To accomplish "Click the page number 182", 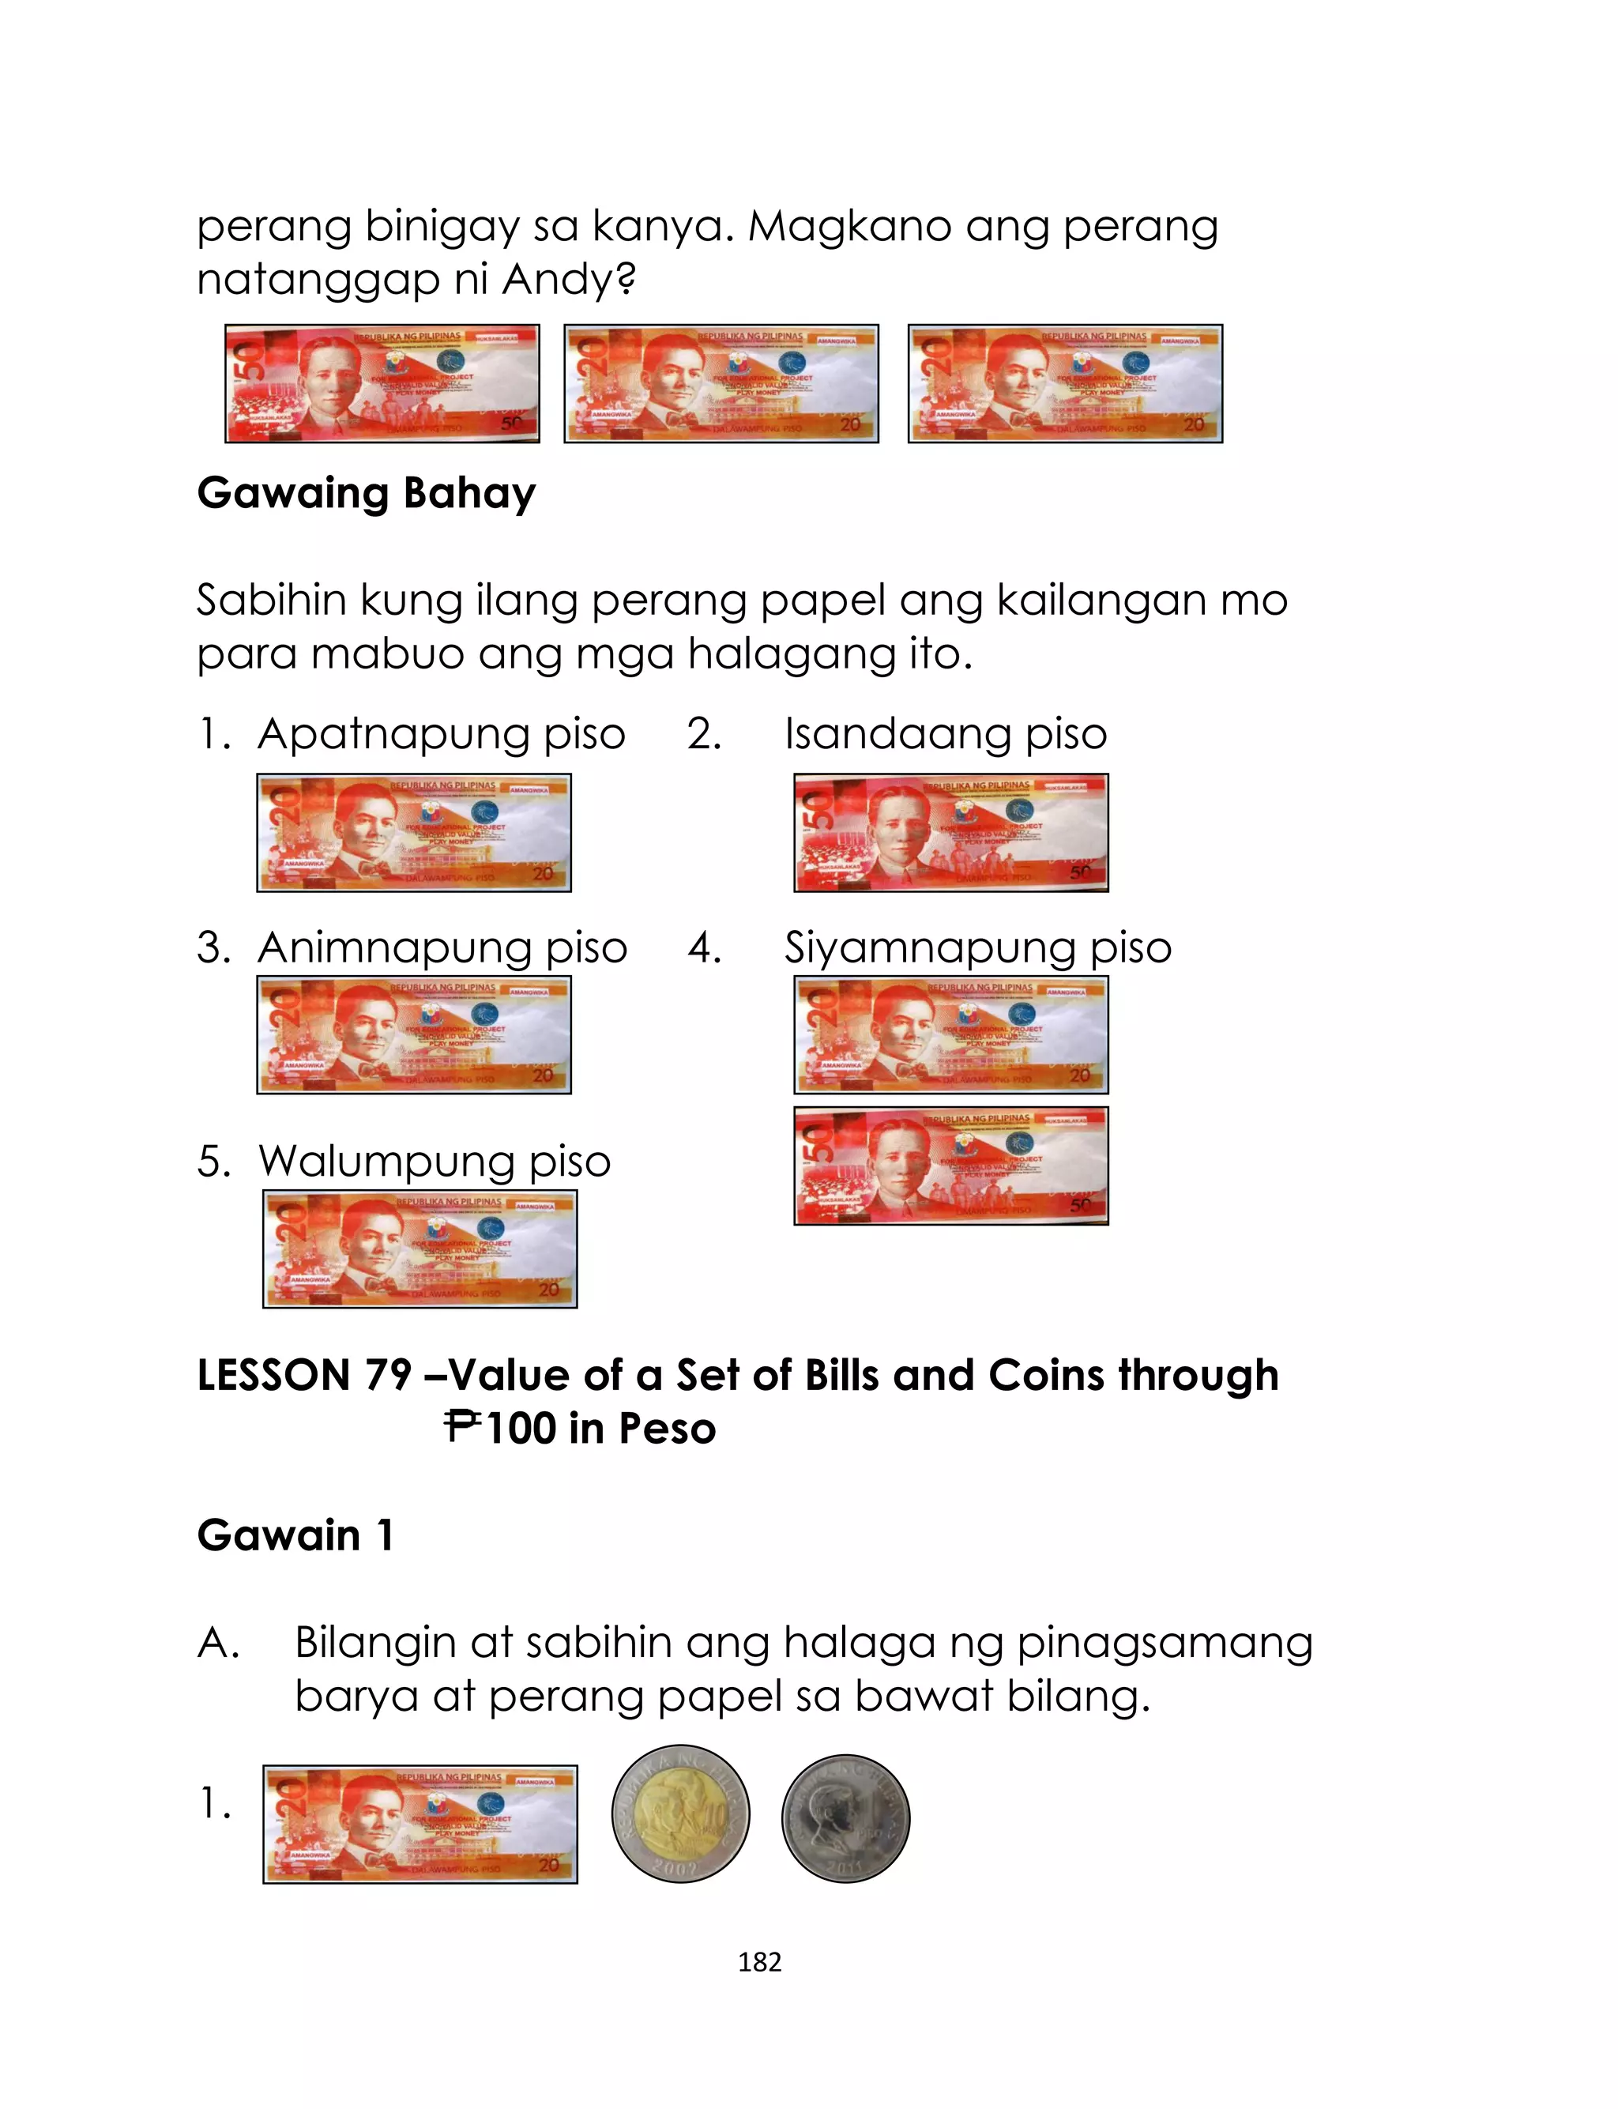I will pyautogui.click(x=759, y=1962).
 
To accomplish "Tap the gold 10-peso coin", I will pyautogui.click(x=680, y=1813).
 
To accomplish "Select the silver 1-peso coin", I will pyautogui.click(x=845, y=1818).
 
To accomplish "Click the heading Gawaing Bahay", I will pyautogui.click(x=366, y=493).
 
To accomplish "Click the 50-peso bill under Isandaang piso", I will pyautogui.click(x=950, y=833).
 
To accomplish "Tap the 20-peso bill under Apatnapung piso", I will pyautogui.click(x=414, y=833).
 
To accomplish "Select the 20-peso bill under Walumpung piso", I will pyautogui.click(x=420, y=1249).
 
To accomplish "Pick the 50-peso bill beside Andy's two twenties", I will pyautogui.click(x=382, y=383).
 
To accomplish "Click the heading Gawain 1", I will pyautogui.click(x=295, y=1535).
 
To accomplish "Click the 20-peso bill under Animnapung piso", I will pyautogui.click(x=414, y=1035).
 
